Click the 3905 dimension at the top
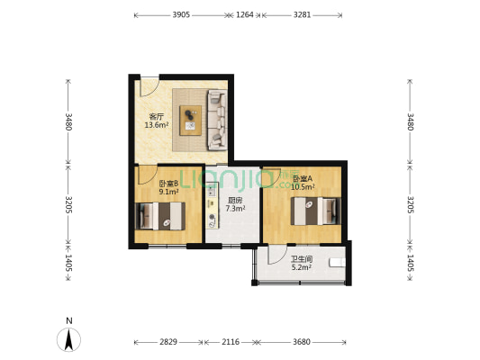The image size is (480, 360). pos(181,14)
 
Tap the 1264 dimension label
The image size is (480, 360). pos(245,14)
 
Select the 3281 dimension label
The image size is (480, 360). pos(303,14)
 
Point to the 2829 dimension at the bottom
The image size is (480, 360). pos(168,342)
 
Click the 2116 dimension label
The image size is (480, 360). pos(231,342)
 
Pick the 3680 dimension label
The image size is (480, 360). pos(302,342)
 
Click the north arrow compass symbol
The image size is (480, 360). pos(68,339)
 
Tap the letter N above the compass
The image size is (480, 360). pos(69,320)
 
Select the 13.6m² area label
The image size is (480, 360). pos(157,125)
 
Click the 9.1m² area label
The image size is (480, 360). pos(168,192)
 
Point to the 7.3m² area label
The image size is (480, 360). pos(235,209)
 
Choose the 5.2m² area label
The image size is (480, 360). pos(302,267)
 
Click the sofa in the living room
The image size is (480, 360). pos(217,120)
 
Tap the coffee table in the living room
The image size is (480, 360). pos(190,121)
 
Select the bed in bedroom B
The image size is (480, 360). pos(160,216)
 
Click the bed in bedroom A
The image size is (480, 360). pos(315,211)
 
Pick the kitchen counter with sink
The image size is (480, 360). pos(212,205)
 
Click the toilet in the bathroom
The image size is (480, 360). pos(338,263)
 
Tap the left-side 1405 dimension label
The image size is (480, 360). pos(68,263)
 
